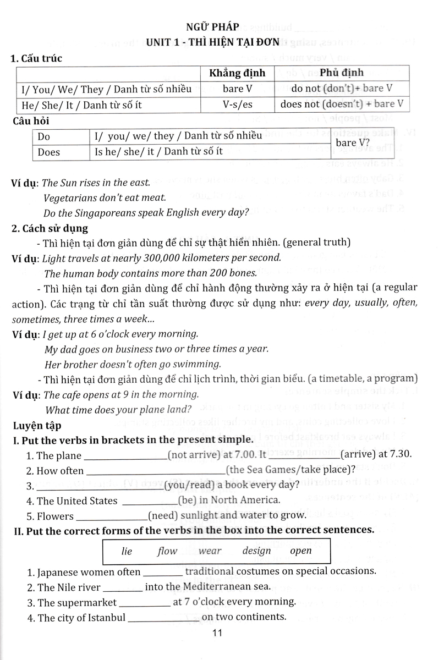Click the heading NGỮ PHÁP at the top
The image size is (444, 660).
pyautogui.click(x=221, y=24)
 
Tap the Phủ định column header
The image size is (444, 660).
pyautogui.click(x=341, y=72)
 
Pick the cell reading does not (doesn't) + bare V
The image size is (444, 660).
pyautogui.click(x=342, y=103)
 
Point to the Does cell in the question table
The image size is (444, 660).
pyautogui.click(x=49, y=152)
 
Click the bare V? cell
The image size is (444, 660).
pyautogui.click(x=355, y=144)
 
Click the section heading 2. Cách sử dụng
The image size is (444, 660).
pyautogui.click(x=50, y=227)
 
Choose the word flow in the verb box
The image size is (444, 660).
pyautogui.click(x=167, y=551)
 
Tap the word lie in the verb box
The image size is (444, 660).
pyautogui.click(x=127, y=551)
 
